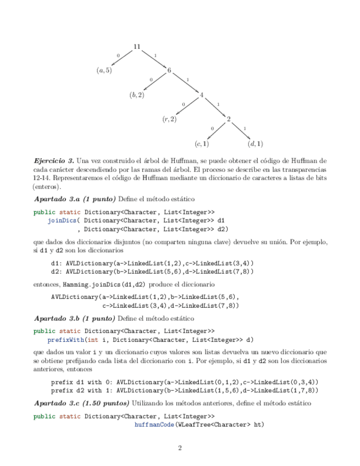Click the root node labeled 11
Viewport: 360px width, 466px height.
point(137,47)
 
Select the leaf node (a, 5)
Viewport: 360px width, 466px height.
point(104,70)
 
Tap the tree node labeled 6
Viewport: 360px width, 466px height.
point(169,70)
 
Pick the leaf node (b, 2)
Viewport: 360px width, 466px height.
point(137,95)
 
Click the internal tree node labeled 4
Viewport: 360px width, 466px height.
point(202,95)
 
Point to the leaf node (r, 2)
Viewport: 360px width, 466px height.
point(169,119)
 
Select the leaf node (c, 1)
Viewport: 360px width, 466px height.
point(202,144)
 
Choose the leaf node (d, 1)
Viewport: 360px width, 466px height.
point(256,144)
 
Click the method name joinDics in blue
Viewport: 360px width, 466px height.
point(61,220)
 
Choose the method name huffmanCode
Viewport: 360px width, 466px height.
point(154,424)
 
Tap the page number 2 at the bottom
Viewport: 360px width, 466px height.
point(180,448)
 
